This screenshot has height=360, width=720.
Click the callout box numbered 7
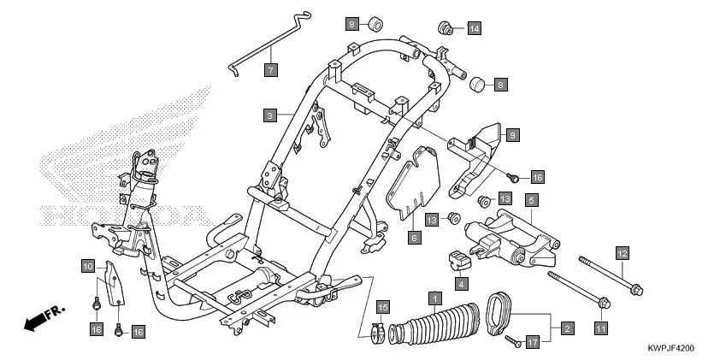click(269, 69)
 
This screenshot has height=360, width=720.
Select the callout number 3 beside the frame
click(269, 115)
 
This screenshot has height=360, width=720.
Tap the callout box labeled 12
click(623, 252)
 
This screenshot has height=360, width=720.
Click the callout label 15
click(382, 307)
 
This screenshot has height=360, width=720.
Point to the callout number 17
click(532, 342)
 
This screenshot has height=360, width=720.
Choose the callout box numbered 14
click(473, 28)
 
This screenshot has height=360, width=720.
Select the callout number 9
click(511, 134)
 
